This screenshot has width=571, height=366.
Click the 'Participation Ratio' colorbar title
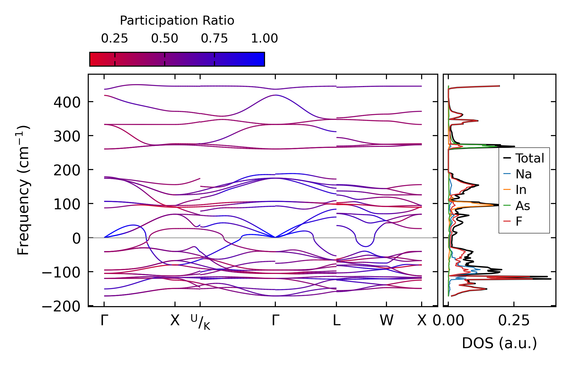point(177,21)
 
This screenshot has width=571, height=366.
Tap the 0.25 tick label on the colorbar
point(115,38)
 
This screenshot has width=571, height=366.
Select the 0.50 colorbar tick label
point(165,38)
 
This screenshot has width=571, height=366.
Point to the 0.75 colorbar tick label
point(214,38)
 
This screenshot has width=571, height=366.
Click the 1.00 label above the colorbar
point(264,38)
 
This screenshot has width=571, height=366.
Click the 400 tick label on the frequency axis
point(67,103)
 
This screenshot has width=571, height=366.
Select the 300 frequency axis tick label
point(67,137)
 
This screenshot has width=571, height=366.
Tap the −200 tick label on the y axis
point(61,307)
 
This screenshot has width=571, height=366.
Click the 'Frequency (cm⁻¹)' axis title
point(23,190)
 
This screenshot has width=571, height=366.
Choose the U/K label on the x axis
point(200,322)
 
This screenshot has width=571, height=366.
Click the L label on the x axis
point(336,321)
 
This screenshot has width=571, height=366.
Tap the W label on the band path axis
point(386,321)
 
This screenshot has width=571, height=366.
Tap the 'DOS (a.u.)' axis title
point(499,343)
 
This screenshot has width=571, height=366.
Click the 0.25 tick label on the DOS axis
point(514,321)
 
